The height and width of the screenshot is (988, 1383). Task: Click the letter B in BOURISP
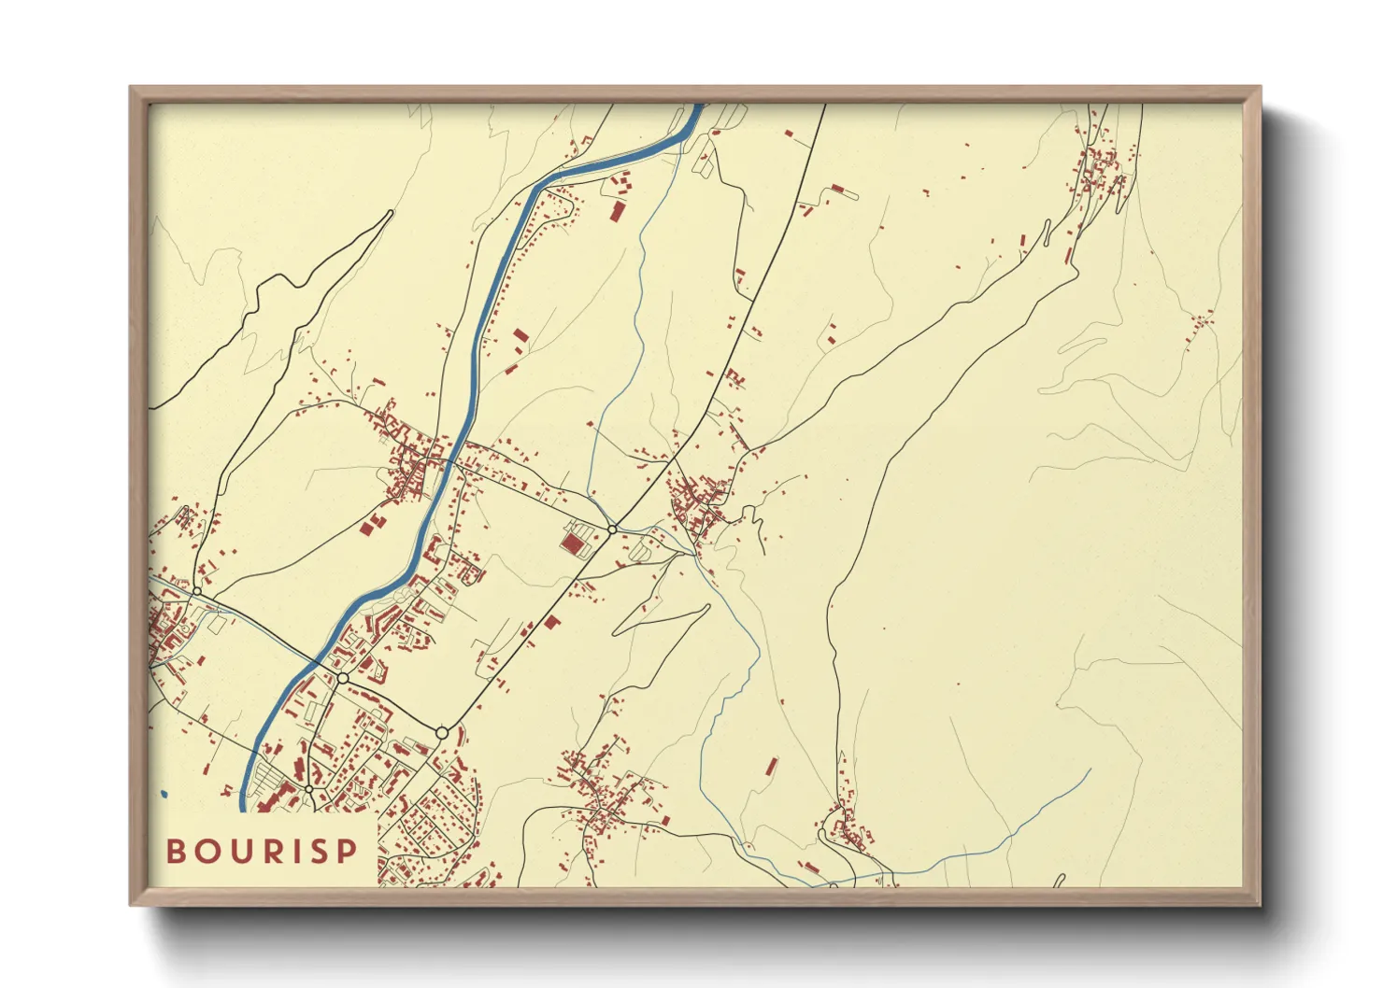[175, 852]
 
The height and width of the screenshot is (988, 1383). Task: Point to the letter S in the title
[318, 852]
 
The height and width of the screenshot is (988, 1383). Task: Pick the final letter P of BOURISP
[347, 852]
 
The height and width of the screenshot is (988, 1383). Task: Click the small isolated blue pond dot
[164, 794]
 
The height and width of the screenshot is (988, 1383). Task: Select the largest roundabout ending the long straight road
[442, 733]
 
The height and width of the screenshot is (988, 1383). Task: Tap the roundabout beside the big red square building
[611, 529]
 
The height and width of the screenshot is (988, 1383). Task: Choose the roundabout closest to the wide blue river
[343, 677]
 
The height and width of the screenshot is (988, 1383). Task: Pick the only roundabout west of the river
[197, 591]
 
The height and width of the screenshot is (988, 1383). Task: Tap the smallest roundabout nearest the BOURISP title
[309, 789]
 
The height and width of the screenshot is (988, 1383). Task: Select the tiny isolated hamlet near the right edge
[1199, 322]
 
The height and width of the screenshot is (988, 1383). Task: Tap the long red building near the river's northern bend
[617, 210]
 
